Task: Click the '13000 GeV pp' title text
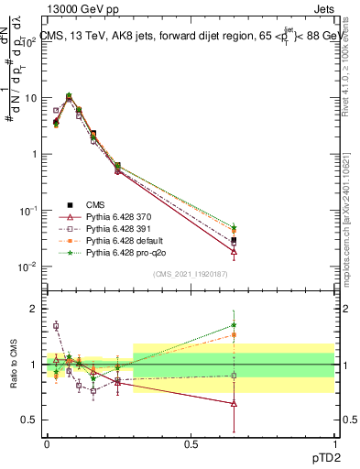80,7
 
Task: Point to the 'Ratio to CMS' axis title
13,365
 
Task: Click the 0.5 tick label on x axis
190,443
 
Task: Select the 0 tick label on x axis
47,443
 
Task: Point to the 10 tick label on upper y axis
29,97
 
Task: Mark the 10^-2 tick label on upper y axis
27,267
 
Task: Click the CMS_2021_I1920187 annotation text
190,273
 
